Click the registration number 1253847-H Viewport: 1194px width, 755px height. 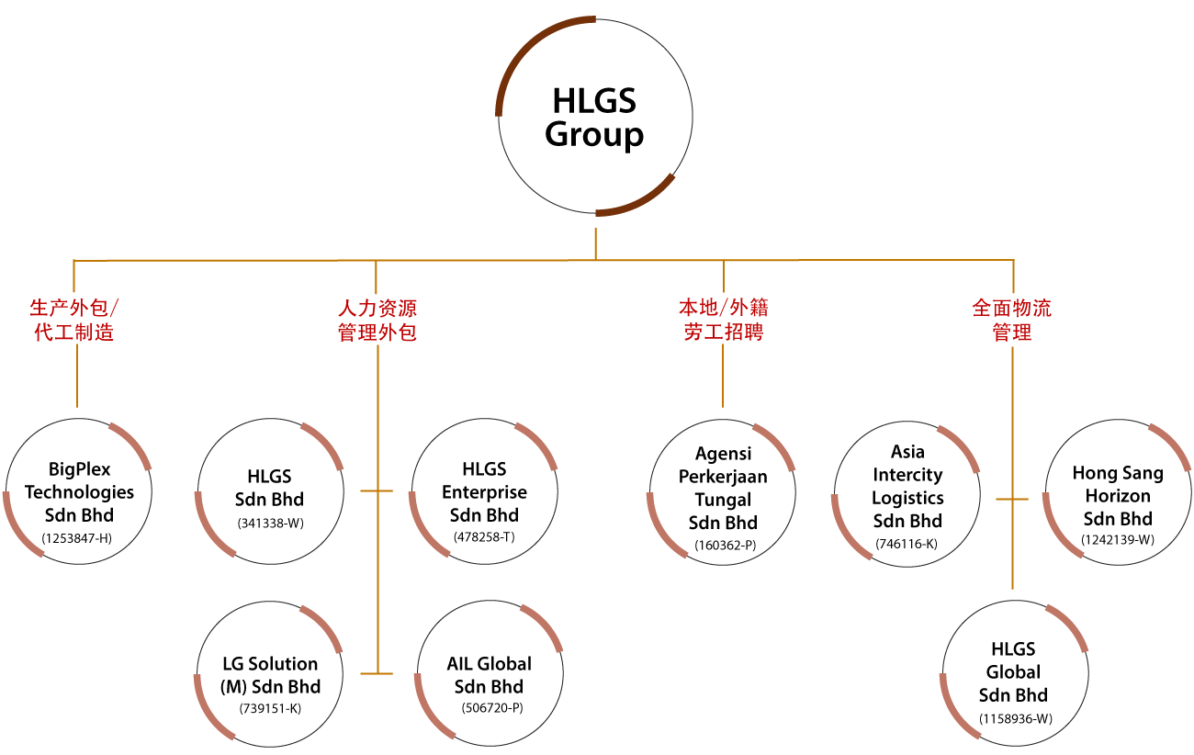tap(77, 538)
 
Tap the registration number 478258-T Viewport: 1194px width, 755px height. tap(484, 537)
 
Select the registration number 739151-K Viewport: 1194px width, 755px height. tap(270, 709)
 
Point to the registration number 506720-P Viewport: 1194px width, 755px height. tap(490, 708)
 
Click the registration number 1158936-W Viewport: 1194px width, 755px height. tap(1015, 719)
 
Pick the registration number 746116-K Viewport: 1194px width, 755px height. tap(907, 545)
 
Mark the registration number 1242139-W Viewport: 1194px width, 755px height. tap(1118, 540)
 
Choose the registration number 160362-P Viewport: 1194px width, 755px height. tap(725, 546)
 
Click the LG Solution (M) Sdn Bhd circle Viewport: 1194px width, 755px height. tap(270, 675)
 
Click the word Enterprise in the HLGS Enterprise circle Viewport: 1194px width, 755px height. tap(484, 492)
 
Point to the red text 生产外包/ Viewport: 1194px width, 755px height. tap(74, 308)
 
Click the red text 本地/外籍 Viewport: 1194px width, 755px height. tap(723, 308)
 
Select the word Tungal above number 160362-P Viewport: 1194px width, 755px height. tap(723, 500)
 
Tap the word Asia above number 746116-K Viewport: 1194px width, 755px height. tap(907, 452)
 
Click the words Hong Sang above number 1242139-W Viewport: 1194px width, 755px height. tap(1118, 473)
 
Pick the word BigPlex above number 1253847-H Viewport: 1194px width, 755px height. tap(80, 469)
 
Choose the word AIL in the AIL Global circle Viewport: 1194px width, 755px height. tap(460, 664)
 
